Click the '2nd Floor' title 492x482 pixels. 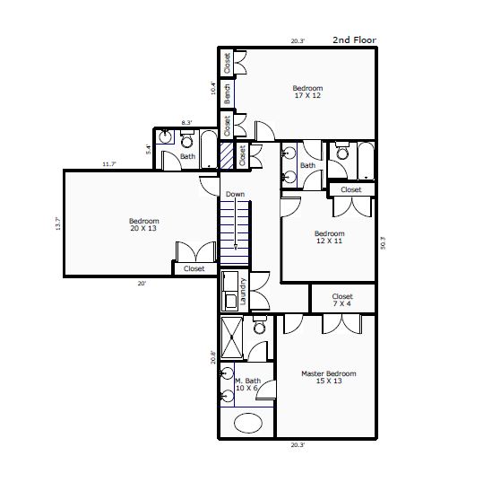pyautogui.click(x=354, y=39)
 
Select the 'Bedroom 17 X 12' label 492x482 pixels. pyautogui.click(x=307, y=92)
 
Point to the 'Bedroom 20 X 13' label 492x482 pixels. pyautogui.click(x=143, y=224)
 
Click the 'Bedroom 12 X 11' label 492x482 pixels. pyautogui.click(x=330, y=237)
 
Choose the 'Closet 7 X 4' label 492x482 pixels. pyautogui.click(x=342, y=300)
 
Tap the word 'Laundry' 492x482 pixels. pyautogui.click(x=243, y=292)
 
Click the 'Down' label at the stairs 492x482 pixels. pyautogui.click(x=235, y=194)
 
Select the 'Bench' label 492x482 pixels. pyautogui.click(x=227, y=94)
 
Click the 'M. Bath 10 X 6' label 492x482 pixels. pyautogui.click(x=247, y=384)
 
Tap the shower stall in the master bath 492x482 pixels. pyautogui.click(x=231, y=337)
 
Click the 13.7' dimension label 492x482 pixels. pyautogui.click(x=57, y=223)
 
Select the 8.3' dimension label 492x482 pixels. pyautogui.click(x=186, y=123)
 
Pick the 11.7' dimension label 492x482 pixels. pyautogui.click(x=109, y=164)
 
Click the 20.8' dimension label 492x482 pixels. pyautogui.click(x=213, y=357)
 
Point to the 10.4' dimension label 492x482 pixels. pyautogui.click(x=213, y=88)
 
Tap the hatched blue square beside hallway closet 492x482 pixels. pyautogui.click(x=226, y=155)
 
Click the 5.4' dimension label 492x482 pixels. pyautogui.click(x=149, y=149)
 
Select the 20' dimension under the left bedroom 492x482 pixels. pyautogui.click(x=142, y=284)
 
